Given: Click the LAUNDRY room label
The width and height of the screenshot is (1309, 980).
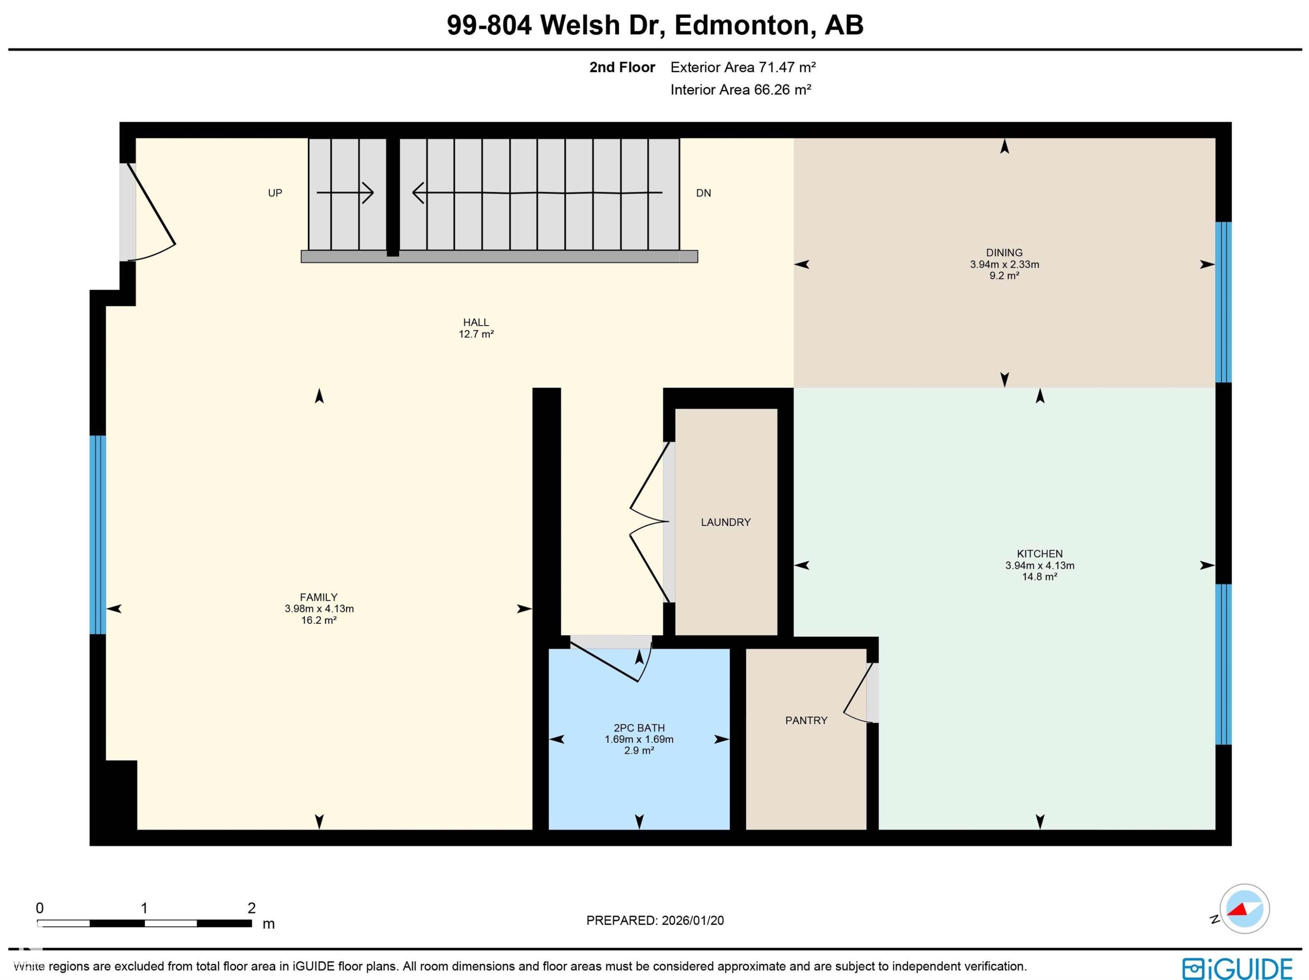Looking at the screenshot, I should coord(726,522).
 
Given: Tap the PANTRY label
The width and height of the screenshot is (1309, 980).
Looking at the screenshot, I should coord(806,720).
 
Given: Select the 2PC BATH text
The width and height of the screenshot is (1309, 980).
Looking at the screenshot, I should coord(639,728).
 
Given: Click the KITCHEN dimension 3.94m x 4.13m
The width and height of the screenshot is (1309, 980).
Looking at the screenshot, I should coord(1040,565).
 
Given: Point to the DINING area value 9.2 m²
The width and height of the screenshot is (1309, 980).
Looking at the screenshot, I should coord(1004,276).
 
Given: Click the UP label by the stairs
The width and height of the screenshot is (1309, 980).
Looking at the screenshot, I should coord(275,193).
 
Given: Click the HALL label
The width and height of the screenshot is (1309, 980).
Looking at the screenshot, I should coord(476,322).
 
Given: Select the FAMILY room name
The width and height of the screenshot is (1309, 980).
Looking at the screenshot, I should coord(319,597).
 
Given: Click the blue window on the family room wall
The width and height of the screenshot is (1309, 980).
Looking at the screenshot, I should coord(98,535).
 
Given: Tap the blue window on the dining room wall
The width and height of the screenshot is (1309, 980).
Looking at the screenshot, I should coord(1223,302).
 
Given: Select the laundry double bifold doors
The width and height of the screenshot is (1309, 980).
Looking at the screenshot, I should coord(650,522).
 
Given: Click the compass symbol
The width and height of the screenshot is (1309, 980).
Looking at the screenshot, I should coord(1244,909).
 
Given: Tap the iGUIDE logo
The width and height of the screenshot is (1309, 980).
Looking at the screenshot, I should coord(1237,968).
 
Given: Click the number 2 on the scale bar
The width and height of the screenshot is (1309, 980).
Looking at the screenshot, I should coord(251,908).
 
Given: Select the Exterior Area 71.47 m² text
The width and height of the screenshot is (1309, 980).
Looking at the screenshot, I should coord(743,68).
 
